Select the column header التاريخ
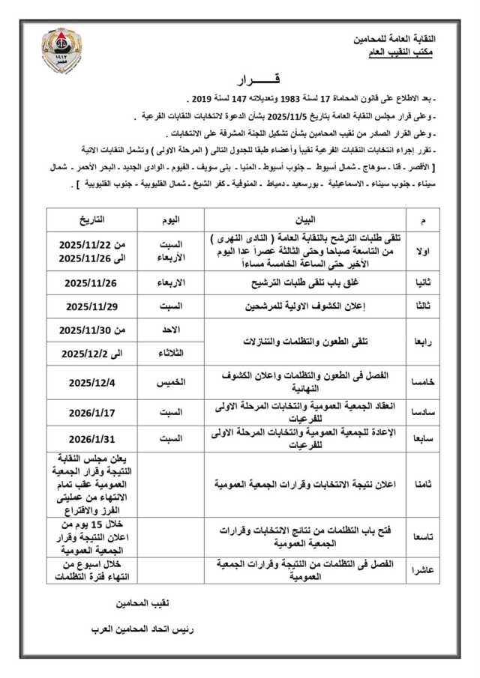coord(92,219)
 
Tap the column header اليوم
coord(171,219)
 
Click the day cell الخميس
coord(171,381)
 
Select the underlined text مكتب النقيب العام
coord(415,52)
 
